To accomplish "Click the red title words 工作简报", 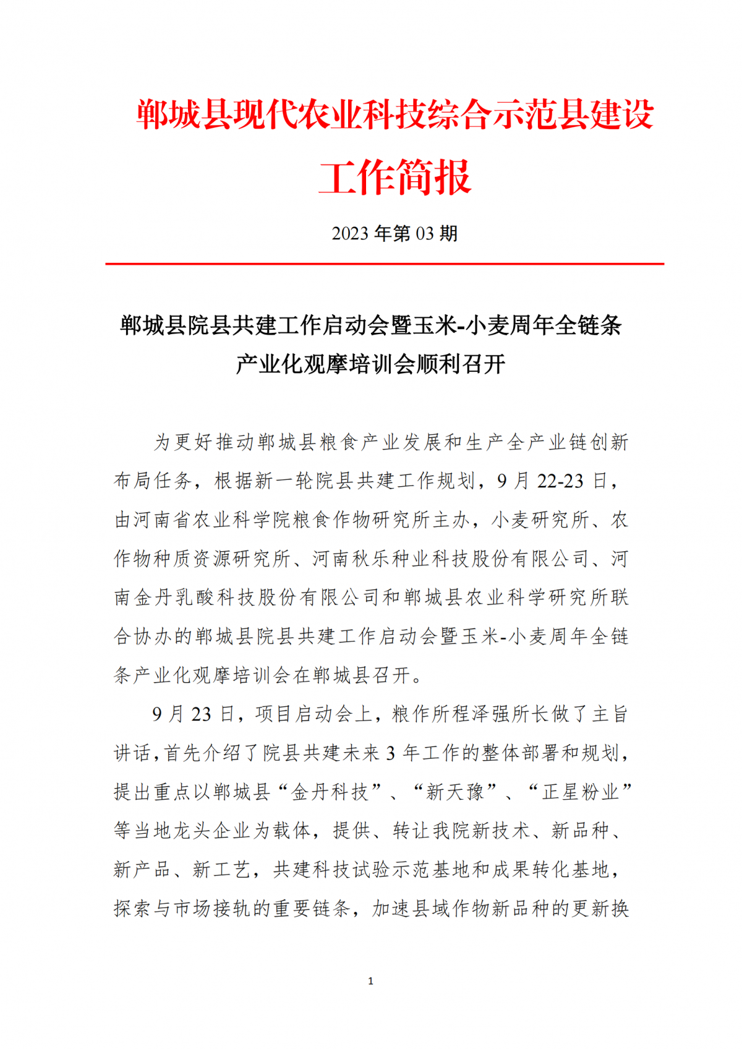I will click(394, 178).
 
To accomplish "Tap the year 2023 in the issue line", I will click(350, 234).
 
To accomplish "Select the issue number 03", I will click(425, 234).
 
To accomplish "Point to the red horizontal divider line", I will click(384, 264).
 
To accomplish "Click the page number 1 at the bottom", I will click(370, 981).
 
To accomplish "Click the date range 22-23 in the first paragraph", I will click(560, 481).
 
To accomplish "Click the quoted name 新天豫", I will click(455, 792).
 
